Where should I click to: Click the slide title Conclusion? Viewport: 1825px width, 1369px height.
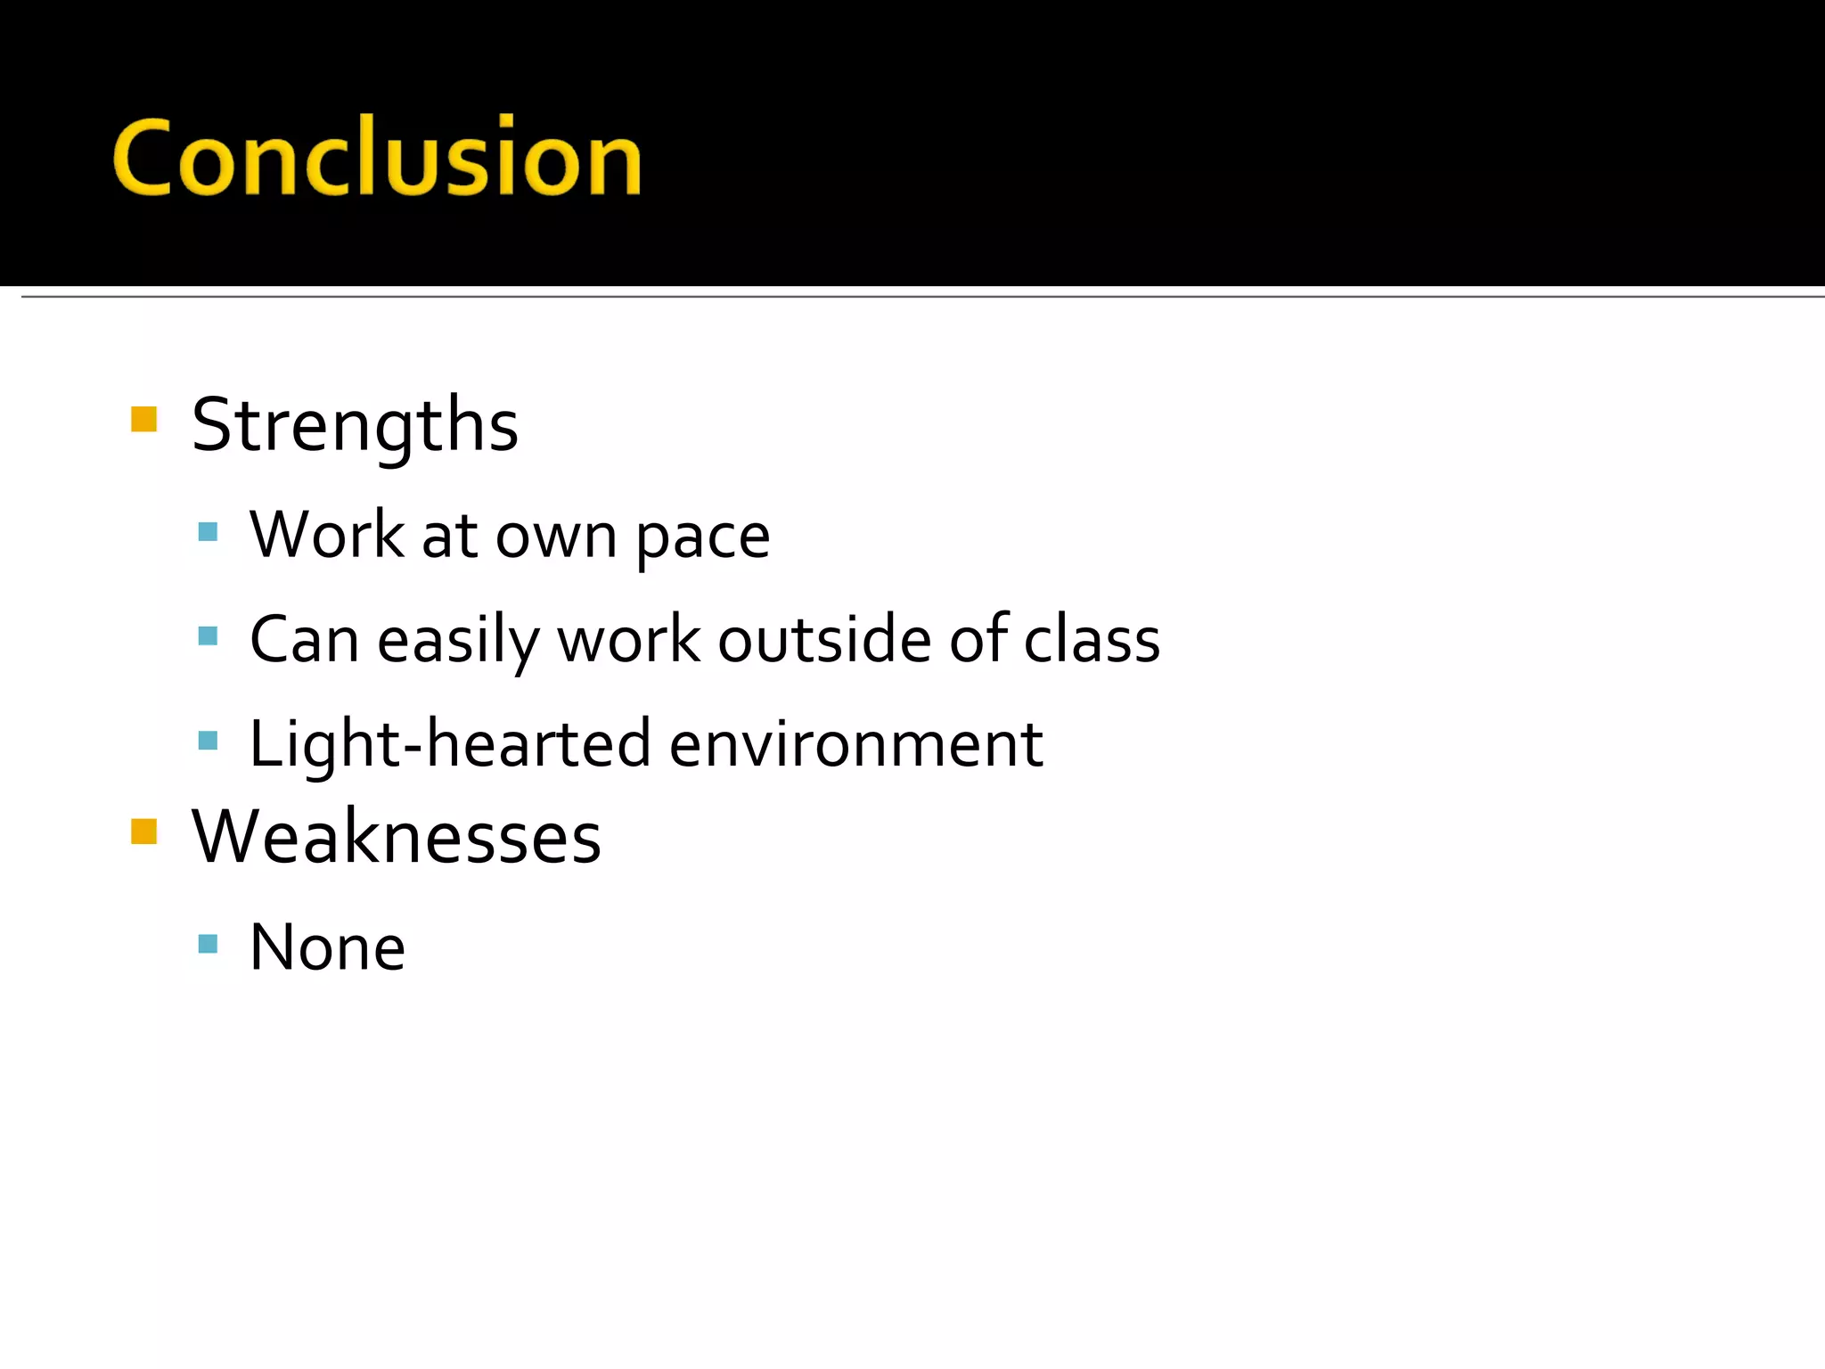[x=376, y=158]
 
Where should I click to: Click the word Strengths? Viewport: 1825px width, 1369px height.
[x=355, y=425]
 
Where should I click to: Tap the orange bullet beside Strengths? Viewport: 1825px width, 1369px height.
[x=143, y=419]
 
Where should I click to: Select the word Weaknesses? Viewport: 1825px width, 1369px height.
[x=397, y=837]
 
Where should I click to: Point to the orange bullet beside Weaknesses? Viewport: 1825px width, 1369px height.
[x=143, y=831]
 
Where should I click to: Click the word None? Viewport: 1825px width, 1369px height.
[x=327, y=947]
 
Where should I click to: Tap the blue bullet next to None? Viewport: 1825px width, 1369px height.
[x=208, y=944]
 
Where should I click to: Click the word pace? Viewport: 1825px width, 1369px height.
[x=702, y=537]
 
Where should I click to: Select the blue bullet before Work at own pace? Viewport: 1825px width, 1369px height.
[x=208, y=532]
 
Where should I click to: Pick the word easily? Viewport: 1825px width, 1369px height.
[x=457, y=641]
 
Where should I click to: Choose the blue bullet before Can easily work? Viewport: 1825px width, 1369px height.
[x=208, y=635]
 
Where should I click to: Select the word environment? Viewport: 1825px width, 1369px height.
[x=855, y=745]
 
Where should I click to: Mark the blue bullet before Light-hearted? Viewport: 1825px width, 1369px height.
[x=208, y=740]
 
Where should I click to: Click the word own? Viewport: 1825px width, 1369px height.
[x=555, y=538]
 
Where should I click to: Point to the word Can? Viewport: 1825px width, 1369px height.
[x=304, y=639]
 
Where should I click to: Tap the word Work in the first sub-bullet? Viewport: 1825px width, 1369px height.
[x=326, y=535]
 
